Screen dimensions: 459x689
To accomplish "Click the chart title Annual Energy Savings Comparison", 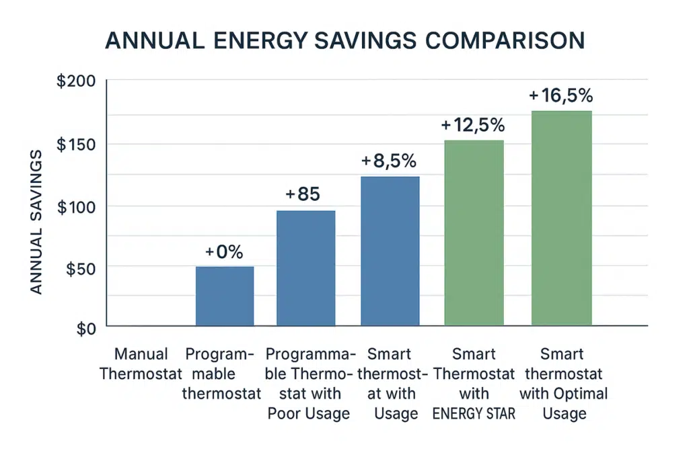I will tap(344, 41).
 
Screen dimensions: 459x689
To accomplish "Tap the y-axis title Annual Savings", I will tap(37, 222).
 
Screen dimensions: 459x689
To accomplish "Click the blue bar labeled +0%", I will tap(225, 296).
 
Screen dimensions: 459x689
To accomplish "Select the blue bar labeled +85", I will tap(305, 268).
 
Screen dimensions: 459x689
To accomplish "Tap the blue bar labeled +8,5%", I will tap(390, 251).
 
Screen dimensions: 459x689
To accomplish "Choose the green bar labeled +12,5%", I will tap(474, 233).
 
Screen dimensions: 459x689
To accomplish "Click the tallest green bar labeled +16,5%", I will tap(561, 218).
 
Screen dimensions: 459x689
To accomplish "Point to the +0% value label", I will tap(224, 252).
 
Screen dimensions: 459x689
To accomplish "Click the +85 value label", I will tap(303, 194).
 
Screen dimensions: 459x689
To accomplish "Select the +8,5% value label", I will tap(389, 161).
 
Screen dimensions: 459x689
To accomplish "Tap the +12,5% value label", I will tap(473, 125).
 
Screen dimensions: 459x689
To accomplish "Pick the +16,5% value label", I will tap(560, 95).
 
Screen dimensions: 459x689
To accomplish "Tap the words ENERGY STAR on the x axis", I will tap(474, 413).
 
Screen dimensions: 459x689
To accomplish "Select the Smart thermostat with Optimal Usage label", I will tap(564, 383).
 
